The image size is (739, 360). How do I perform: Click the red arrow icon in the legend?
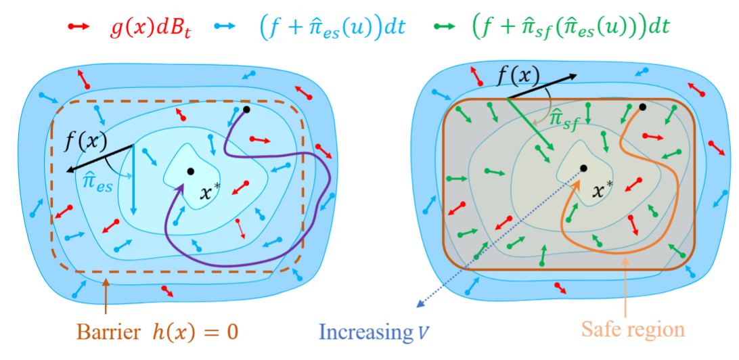79,27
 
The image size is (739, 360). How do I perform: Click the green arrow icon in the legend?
444,27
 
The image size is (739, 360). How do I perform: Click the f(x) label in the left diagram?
86,142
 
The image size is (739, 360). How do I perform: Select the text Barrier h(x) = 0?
158,332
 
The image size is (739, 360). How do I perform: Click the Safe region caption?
633,329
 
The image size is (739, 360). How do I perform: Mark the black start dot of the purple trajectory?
246,110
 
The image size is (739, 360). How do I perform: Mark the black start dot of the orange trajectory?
642,107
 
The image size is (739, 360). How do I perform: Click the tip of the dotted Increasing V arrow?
418,309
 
